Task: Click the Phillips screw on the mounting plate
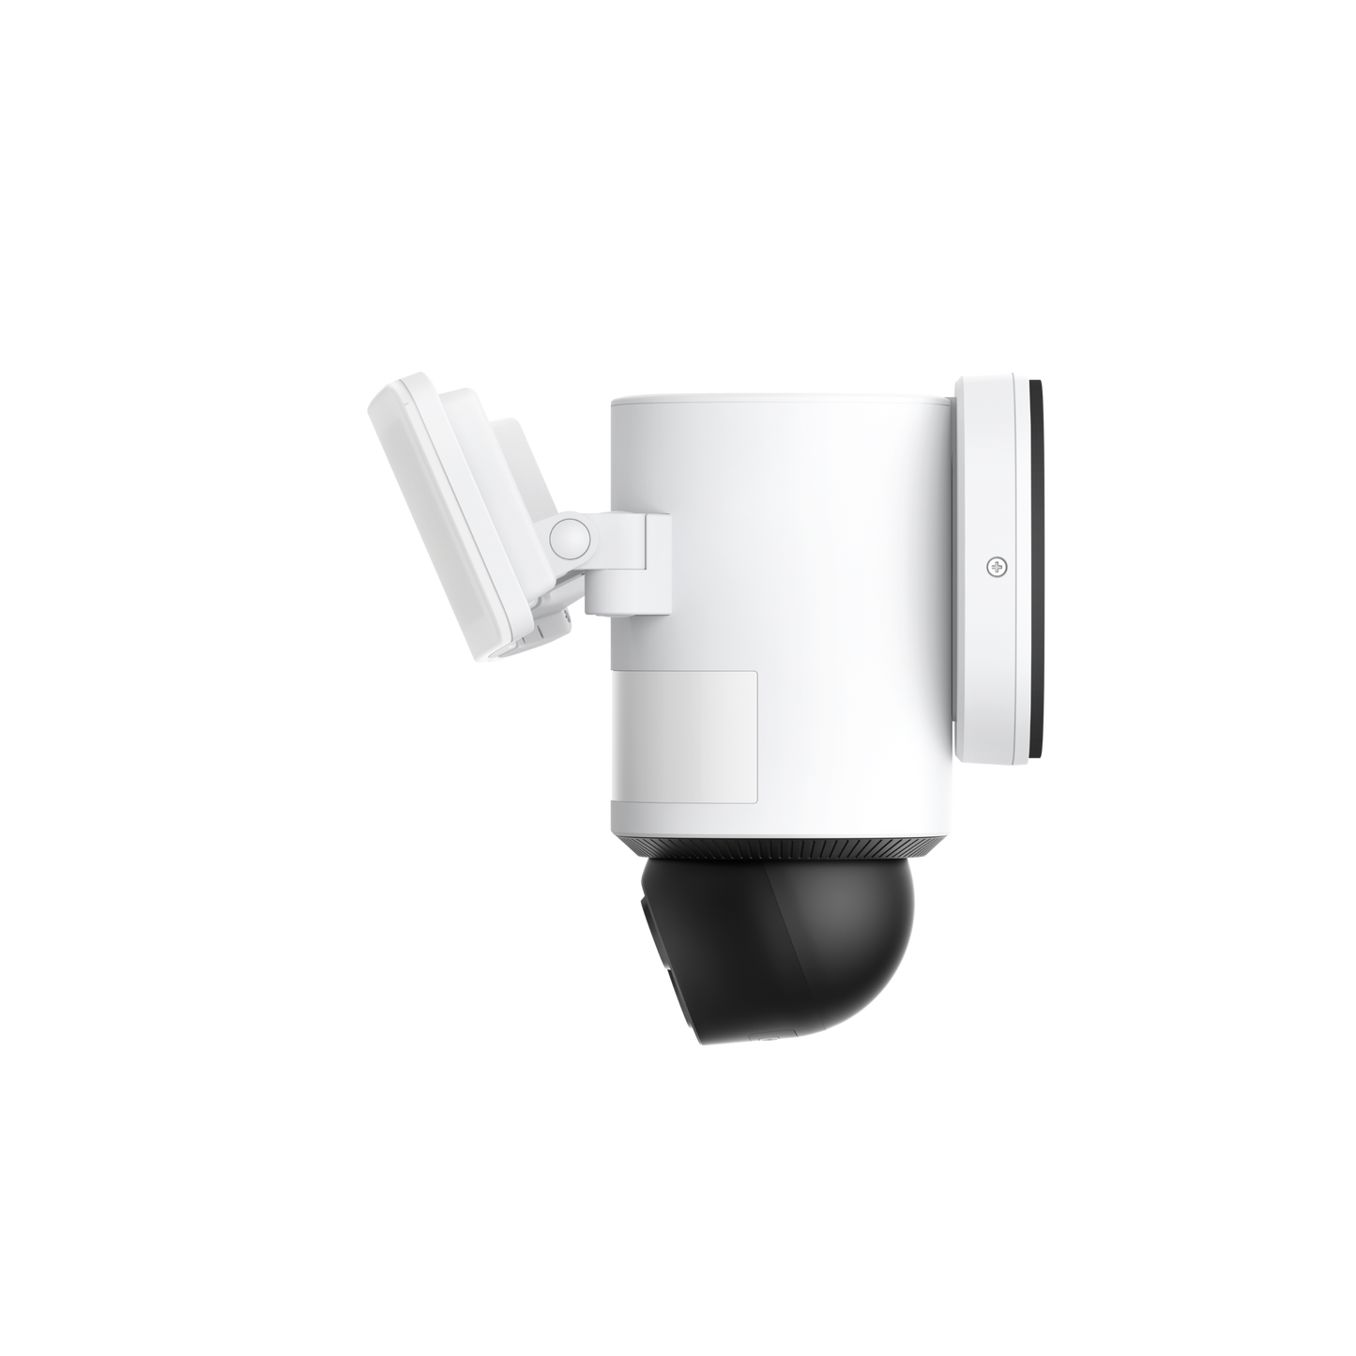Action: tap(996, 566)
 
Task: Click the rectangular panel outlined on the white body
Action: tap(691, 736)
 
